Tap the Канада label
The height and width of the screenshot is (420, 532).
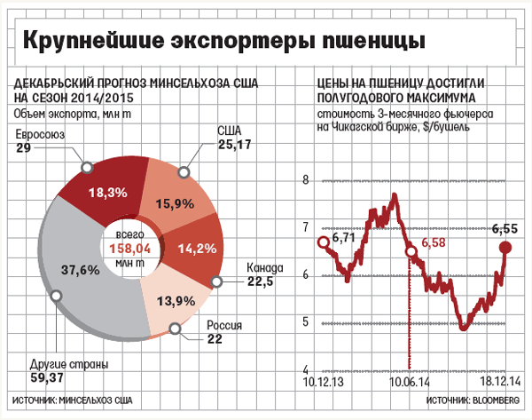point(262,269)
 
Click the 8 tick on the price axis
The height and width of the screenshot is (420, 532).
point(306,179)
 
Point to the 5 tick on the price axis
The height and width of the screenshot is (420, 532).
point(306,321)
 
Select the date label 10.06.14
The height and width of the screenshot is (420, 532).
point(410,380)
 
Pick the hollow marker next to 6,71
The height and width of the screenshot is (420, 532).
point(324,242)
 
